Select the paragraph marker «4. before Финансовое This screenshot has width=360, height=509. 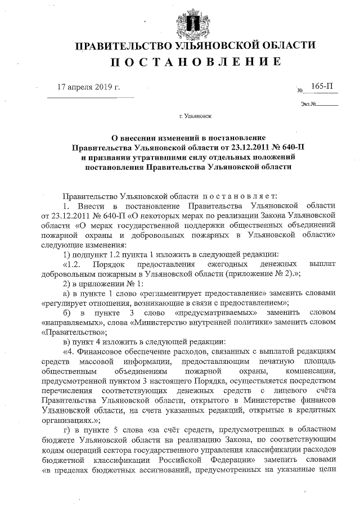(x=71, y=352)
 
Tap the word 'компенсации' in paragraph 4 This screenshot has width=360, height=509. (x=312, y=372)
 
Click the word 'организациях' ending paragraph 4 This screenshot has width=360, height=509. (x=65, y=421)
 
